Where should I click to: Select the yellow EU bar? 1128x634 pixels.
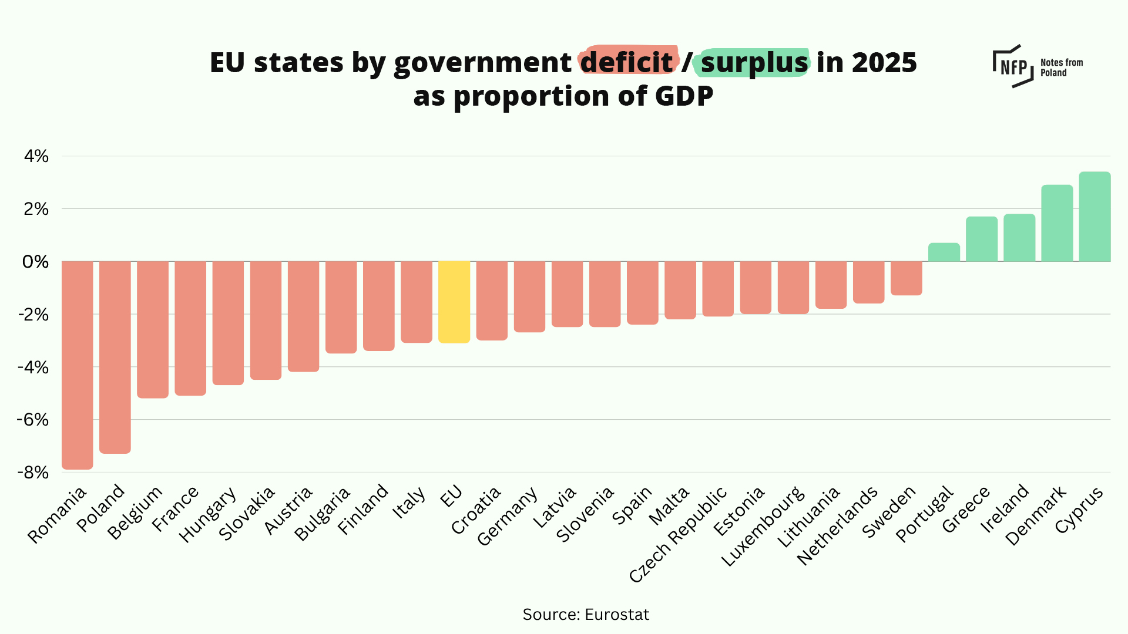(454, 301)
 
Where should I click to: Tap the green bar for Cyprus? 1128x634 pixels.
(1095, 217)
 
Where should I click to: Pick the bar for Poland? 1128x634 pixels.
(115, 356)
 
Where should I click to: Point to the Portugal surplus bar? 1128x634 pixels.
(944, 252)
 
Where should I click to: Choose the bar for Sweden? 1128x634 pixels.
(906, 278)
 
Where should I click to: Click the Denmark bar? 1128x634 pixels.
(1057, 223)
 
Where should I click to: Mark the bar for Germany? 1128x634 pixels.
(529, 296)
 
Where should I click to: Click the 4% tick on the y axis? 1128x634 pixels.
(36, 156)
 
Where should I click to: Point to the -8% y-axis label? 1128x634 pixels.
(33, 473)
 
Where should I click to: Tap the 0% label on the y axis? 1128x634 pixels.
(35, 262)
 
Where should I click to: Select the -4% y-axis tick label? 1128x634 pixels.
(33, 367)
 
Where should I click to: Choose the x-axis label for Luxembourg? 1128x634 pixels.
(762, 527)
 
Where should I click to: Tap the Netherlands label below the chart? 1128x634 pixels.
(837, 526)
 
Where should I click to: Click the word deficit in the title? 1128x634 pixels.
(627, 62)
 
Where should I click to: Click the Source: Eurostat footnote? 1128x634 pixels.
(586, 615)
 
